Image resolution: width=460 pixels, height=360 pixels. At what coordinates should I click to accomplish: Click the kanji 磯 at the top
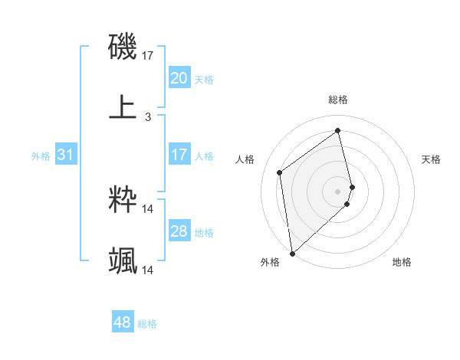123,46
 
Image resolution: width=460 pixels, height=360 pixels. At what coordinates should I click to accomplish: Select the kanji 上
123,107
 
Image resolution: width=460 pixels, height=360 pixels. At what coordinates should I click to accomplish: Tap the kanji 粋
123,200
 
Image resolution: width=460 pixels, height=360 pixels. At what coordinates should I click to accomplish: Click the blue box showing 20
179,78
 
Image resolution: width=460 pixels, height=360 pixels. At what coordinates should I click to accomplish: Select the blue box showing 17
179,155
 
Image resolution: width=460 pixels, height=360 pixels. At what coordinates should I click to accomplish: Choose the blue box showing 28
179,232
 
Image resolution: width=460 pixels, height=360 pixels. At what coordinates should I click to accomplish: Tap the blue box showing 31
65,155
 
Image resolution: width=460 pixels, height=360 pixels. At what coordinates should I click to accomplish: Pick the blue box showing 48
123,323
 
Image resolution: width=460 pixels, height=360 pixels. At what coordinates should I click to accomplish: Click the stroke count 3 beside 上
148,117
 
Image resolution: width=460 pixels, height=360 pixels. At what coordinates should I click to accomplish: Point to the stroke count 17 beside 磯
148,55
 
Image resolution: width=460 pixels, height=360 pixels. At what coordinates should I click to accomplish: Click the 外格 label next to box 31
41,156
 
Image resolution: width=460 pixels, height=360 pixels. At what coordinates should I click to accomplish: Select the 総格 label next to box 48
147,324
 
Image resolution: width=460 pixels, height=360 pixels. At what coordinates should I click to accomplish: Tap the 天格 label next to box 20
204,79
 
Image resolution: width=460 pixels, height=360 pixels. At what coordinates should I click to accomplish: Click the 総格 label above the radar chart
338,100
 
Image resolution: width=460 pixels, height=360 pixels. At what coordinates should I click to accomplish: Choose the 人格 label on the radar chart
245,159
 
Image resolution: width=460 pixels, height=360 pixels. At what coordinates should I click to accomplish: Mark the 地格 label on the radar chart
402,262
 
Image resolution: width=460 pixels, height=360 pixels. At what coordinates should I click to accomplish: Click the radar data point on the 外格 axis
291,253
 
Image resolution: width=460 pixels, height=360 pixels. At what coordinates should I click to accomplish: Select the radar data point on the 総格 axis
338,131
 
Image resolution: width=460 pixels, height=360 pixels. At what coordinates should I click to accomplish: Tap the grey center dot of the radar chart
338,191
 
